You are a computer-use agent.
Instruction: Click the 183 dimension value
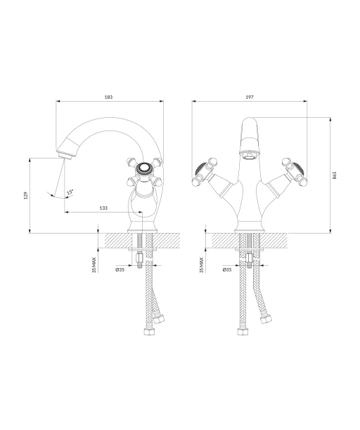click(109, 97)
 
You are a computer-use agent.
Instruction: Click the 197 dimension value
click(250, 97)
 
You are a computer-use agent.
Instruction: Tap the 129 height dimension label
click(26, 195)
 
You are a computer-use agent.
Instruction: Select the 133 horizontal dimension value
click(103, 208)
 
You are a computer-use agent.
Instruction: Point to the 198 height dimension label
click(334, 175)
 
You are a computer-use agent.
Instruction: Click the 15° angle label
click(70, 192)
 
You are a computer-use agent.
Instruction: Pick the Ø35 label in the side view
click(120, 269)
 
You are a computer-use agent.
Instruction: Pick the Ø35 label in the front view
click(227, 269)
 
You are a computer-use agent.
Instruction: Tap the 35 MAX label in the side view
click(94, 265)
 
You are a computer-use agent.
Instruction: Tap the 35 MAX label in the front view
click(201, 265)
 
